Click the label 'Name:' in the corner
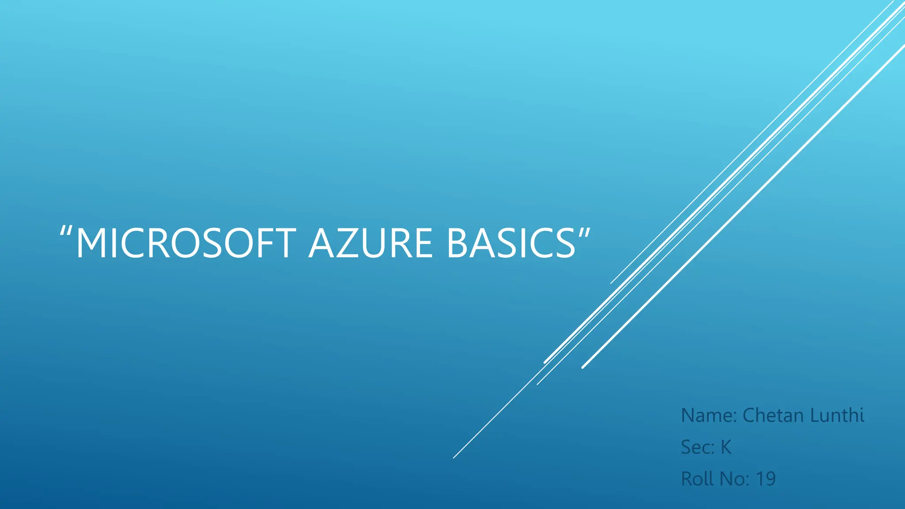(x=709, y=415)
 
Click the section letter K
(x=726, y=447)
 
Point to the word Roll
(x=697, y=479)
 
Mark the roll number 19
(x=766, y=479)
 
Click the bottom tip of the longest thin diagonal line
(x=454, y=458)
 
